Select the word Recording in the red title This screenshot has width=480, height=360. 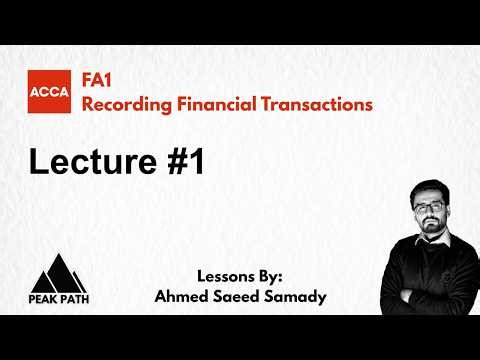pos(124,103)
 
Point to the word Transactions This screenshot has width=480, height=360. pos(317,103)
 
